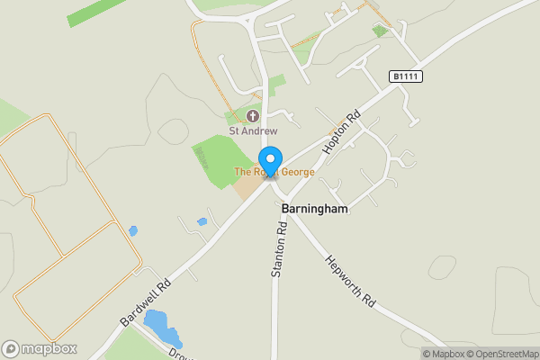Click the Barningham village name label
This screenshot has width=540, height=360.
(x=314, y=208)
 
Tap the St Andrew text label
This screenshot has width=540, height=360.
(x=253, y=130)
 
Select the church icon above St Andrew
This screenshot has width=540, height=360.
(x=253, y=115)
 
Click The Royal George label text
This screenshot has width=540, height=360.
(x=274, y=171)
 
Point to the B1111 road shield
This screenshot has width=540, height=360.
(x=407, y=77)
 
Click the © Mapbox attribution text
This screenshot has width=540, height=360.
(x=444, y=354)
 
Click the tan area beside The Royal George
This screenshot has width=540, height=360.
(x=248, y=185)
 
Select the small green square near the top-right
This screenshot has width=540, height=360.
(x=380, y=31)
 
